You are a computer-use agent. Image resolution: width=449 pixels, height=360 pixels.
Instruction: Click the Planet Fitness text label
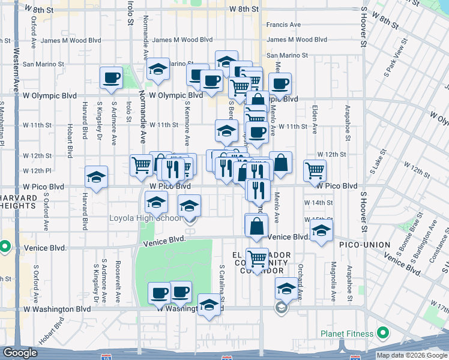tap(345, 334)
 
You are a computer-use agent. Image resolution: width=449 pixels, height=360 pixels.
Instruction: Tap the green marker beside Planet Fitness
tap(382, 334)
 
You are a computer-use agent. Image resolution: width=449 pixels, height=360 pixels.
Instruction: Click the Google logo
tap(20, 353)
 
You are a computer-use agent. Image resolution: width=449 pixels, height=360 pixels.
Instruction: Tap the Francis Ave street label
tap(284, 25)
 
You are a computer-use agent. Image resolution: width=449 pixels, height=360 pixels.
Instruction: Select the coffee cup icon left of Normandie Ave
tap(112, 77)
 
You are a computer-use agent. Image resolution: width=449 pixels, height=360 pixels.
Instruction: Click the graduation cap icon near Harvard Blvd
tap(96, 176)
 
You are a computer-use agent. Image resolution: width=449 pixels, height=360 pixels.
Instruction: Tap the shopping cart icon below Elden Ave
tap(315, 170)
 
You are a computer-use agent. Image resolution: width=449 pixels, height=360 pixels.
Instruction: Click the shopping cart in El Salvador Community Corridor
tap(257, 259)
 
